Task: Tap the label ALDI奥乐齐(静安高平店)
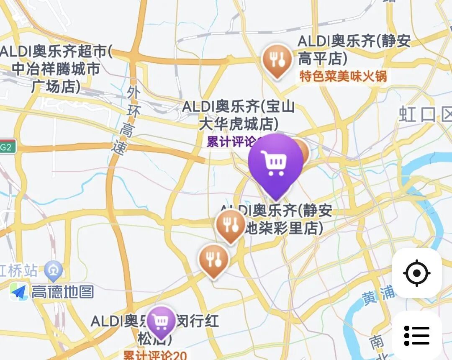click(x=354, y=50)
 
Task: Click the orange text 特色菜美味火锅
click(x=343, y=77)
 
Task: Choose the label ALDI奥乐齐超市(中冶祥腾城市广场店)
click(x=56, y=69)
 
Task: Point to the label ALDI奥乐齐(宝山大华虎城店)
click(x=239, y=115)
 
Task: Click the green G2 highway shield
click(x=6, y=147)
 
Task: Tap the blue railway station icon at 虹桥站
click(x=54, y=271)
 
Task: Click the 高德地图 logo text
click(x=63, y=292)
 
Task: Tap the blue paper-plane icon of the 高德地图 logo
click(x=19, y=292)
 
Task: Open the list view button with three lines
click(x=417, y=335)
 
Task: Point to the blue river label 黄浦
click(x=378, y=295)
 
